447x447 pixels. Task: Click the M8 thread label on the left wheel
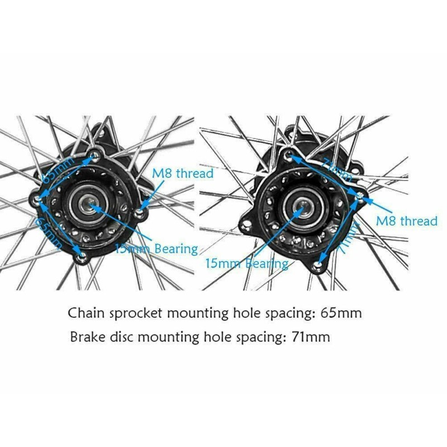pos(183,173)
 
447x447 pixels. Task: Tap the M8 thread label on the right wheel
pos(406,221)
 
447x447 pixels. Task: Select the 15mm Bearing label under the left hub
pos(158,249)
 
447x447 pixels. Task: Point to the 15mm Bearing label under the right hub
pos(247,263)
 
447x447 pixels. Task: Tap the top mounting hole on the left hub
pos(96,154)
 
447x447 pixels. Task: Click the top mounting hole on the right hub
pos(288,154)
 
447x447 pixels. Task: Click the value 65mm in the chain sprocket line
pos(341,313)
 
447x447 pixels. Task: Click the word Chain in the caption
pos(85,313)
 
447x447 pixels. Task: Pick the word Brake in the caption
pos(87,337)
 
